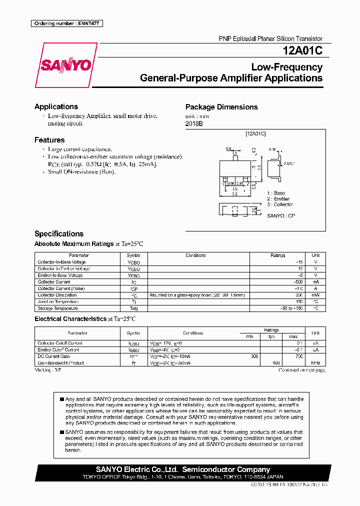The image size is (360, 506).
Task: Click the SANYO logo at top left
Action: point(65,64)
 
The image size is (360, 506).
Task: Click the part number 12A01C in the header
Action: point(302,51)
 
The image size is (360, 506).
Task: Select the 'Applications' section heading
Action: point(56,106)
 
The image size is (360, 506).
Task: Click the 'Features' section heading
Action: point(49,140)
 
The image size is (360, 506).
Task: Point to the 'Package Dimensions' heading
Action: point(221,107)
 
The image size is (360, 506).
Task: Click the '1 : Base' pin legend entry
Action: point(276,193)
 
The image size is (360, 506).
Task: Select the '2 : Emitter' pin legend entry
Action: point(278,199)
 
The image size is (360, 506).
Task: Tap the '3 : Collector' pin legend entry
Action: point(280,204)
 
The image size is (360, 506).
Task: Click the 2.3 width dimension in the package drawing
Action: point(234,194)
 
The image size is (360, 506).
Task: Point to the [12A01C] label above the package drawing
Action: point(255,134)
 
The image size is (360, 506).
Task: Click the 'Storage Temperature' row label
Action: point(58,308)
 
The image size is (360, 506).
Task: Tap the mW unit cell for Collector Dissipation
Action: point(315,295)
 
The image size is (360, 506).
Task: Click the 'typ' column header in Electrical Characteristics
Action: point(271,336)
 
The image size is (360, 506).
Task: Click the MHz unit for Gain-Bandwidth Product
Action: point(315,363)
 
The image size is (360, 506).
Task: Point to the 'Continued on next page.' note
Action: point(302,370)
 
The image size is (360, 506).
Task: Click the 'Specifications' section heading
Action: point(59,233)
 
